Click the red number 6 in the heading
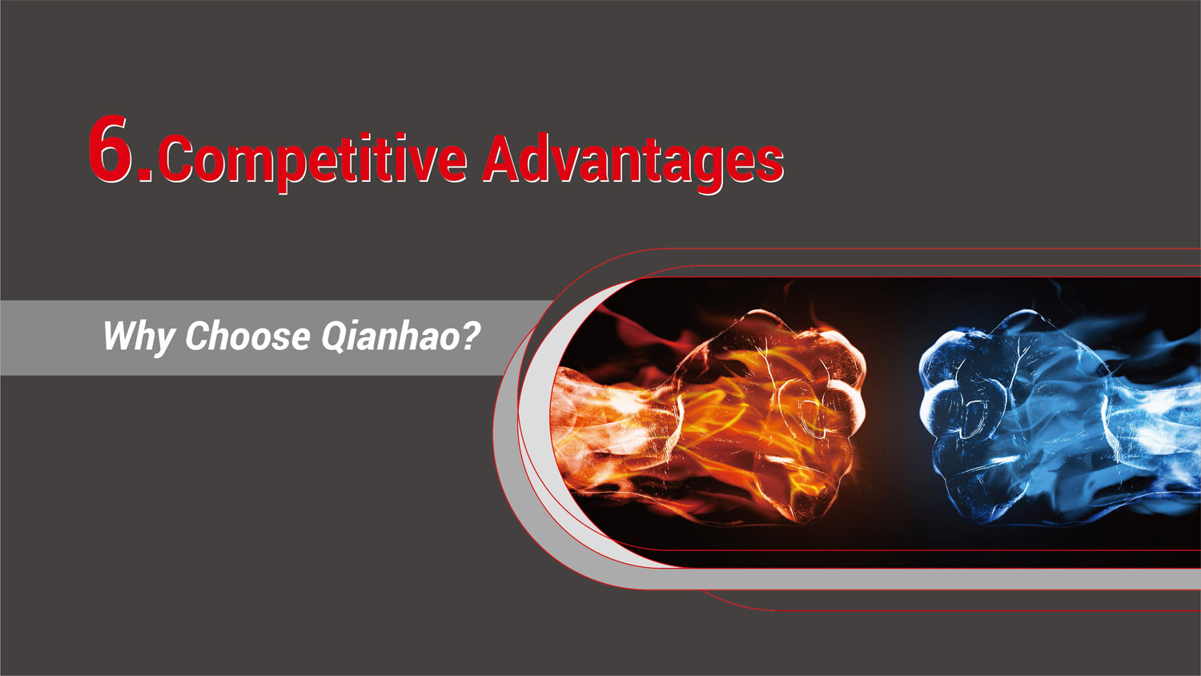pos(110,149)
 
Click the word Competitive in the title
pos(313,160)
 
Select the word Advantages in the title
pos(633,160)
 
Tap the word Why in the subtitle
pos(138,336)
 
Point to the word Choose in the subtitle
pos(247,336)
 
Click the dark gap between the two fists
pos(893,416)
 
